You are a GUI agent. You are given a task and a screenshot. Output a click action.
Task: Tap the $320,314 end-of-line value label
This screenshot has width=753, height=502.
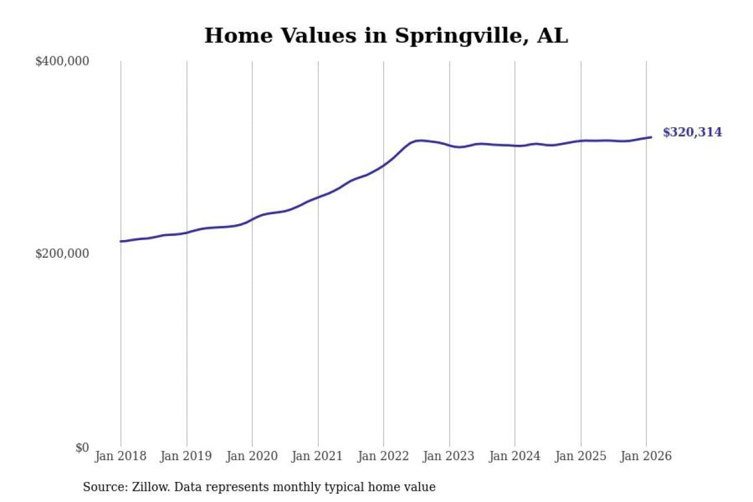point(692,132)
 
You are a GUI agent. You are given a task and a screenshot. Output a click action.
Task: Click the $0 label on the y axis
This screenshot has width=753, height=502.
point(82,447)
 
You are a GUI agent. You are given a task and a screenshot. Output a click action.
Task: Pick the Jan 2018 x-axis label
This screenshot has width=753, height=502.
point(121,456)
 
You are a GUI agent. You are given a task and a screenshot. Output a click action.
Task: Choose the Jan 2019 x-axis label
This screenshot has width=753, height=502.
point(186,456)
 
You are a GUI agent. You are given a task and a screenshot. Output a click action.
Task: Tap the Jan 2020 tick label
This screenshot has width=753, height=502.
point(252,456)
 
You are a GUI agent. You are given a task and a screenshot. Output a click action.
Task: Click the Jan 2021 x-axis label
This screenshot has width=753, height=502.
point(318,456)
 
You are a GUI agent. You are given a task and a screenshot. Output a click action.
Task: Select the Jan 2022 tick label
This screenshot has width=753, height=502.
point(384,456)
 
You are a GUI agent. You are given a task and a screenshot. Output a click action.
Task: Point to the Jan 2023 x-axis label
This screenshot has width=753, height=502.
point(449,456)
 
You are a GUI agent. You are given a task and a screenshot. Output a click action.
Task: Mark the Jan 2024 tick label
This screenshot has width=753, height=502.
point(515,456)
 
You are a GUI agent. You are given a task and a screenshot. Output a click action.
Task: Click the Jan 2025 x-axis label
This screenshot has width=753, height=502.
point(581,456)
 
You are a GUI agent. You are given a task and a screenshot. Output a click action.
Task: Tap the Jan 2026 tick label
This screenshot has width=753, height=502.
point(646,456)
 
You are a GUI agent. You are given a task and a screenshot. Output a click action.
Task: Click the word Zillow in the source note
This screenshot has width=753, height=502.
point(146,487)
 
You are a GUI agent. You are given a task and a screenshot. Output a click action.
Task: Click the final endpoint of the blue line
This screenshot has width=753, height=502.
point(651,137)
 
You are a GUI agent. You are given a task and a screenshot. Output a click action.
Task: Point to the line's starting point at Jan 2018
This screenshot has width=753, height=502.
point(121,241)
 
